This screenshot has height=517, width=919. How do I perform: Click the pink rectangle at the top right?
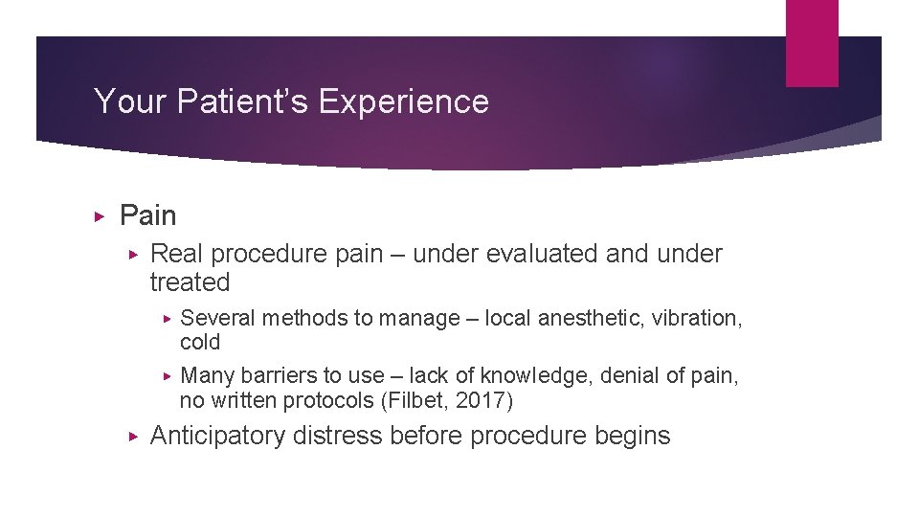[x=812, y=43]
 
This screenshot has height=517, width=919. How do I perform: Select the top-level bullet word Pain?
[x=147, y=216]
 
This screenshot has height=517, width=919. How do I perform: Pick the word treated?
[x=191, y=282]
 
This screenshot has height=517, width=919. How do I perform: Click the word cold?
[x=200, y=343]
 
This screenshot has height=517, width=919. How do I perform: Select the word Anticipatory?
[x=218, y=436]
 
